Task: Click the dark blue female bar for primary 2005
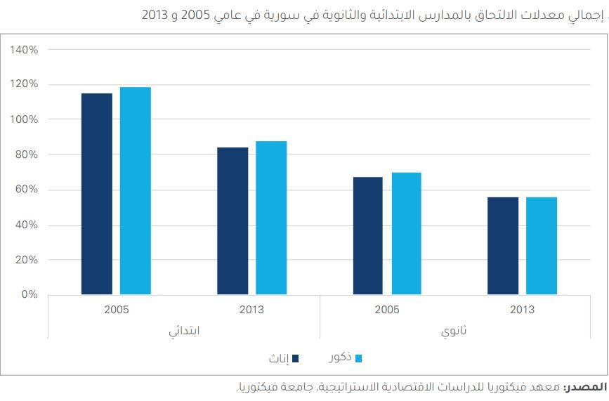coord(97,194)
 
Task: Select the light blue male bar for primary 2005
coord(136,190)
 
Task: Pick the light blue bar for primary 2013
coord(271,218)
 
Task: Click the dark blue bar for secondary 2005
coord(368,235)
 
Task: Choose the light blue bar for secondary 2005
coord(407,233)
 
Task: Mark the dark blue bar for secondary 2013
coord(503,246)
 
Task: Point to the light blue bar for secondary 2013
coord(542,246)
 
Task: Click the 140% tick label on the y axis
coord(25,50)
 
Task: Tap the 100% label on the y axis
coord(25,119)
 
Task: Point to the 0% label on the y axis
coord(29,294)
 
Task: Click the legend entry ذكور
coord(340,357)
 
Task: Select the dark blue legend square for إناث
coord(296,358)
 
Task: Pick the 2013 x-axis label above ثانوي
coord(522,310)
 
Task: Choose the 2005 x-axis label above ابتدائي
coord(116,310)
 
